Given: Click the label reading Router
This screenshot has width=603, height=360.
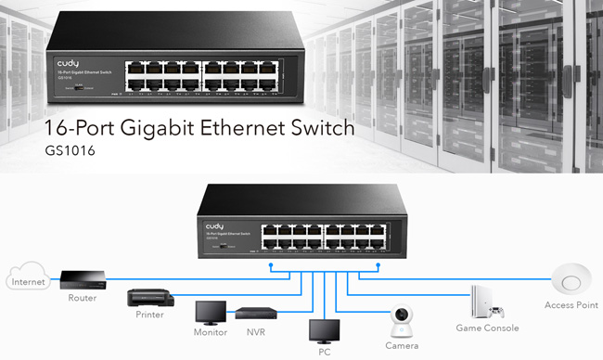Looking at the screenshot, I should coord(82,299).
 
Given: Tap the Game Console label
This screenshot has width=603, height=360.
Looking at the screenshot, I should coord(487,328).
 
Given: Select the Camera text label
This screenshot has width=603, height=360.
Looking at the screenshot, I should coord(403,344).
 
